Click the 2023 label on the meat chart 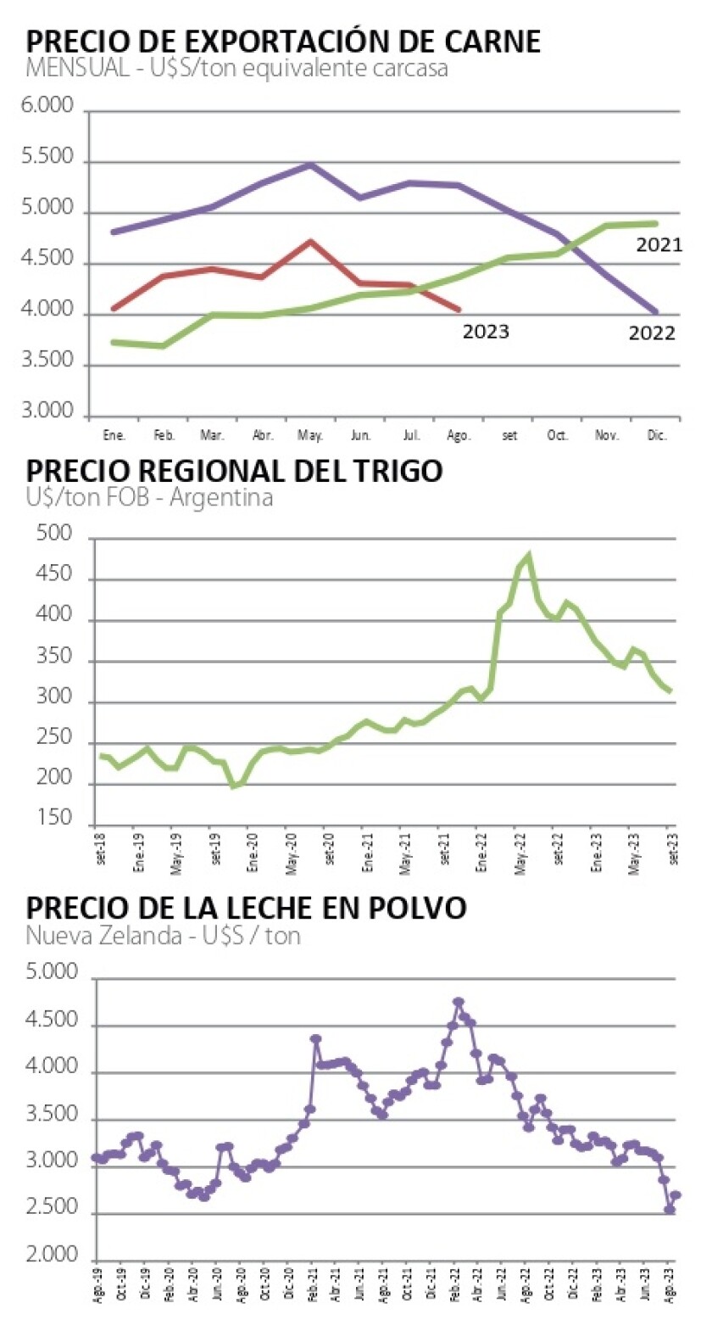click(x=486, y=332)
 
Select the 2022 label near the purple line click(x=652, y=333)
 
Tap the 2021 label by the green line click(x=659, y=245)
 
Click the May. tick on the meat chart click(x=310, y=434)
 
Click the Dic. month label click(x=658, y=434)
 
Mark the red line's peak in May click(x=311, y=242)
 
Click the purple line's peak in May click(x=311, y=165)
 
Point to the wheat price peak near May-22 click(x=528, y=557)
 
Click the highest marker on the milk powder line click(x=458, y=1003)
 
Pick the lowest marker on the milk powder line click(x=669, y=1210)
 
